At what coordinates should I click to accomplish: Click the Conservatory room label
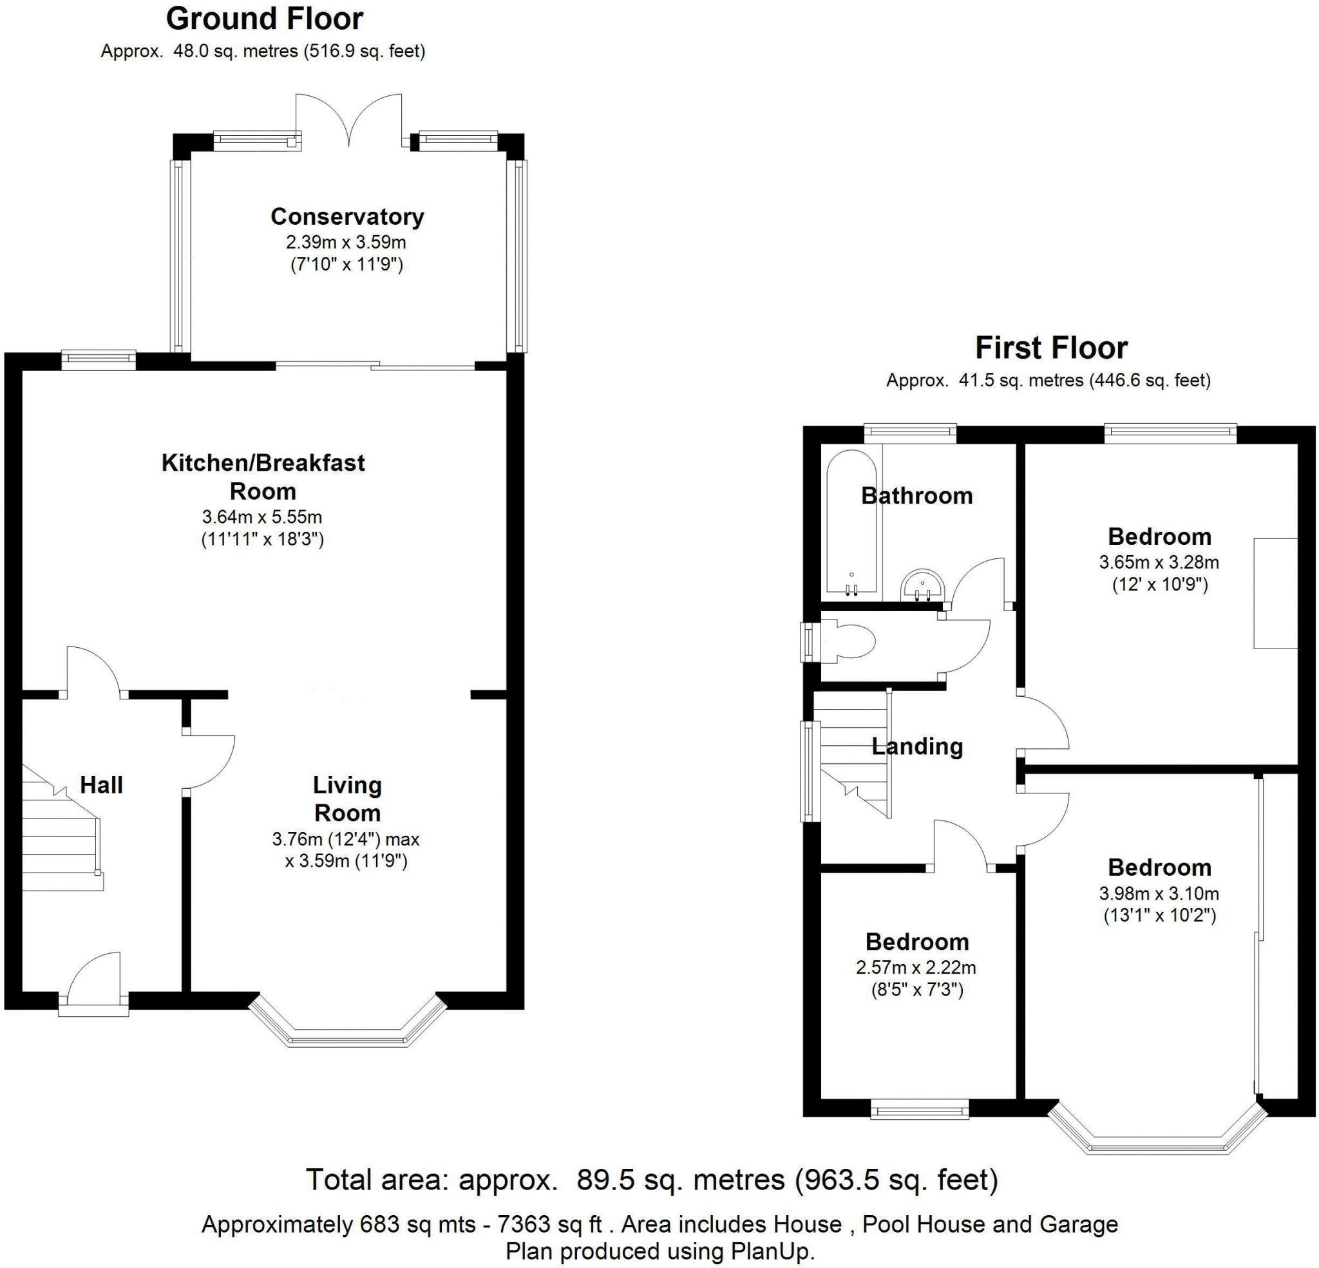pyautogui.click(x=347, y=217)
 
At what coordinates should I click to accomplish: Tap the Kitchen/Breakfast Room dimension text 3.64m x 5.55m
pyautogui.click(x=263, y=517)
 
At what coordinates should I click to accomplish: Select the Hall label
pyautogui.click(x=102, y=785)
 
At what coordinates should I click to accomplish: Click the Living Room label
pyautogui.click(x=347, y=799)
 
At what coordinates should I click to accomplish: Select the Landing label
pyautogui.click(x=917, y=746)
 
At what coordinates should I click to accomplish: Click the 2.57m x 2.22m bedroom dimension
pyautogui.click(x=916, y=968)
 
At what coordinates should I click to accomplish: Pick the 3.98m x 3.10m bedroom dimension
pyautogui.click(x=1159, y=894)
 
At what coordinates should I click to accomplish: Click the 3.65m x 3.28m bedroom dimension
pyautogui.click(x=1159, y=562)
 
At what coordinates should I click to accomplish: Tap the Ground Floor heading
pyautogui.click(x=265, y=19)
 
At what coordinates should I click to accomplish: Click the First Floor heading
pyautogui.click(x=1051, y=348)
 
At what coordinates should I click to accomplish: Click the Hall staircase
pyautogui.click(x=62, y=828)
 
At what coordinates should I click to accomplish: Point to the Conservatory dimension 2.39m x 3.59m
pyautogui.click(x=346, y=241)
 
